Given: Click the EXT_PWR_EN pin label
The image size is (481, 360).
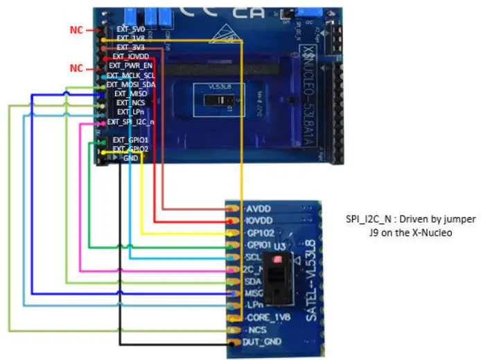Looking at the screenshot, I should [130, 66].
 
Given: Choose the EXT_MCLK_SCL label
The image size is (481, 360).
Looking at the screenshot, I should [131, 75].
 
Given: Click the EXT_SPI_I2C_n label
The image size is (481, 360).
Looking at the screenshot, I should [130, 122].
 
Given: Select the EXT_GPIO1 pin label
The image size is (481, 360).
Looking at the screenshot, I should [130, 140].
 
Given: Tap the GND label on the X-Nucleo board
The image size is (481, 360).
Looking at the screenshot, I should [130, 158].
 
